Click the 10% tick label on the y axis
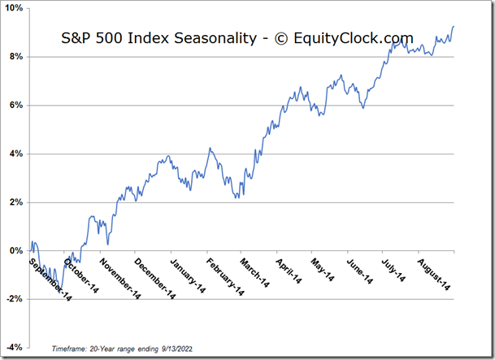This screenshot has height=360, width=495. tap(15, 8)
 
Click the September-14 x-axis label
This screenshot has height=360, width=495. tap(50, 281)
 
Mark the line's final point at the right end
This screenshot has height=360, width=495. tap(454, 27)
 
